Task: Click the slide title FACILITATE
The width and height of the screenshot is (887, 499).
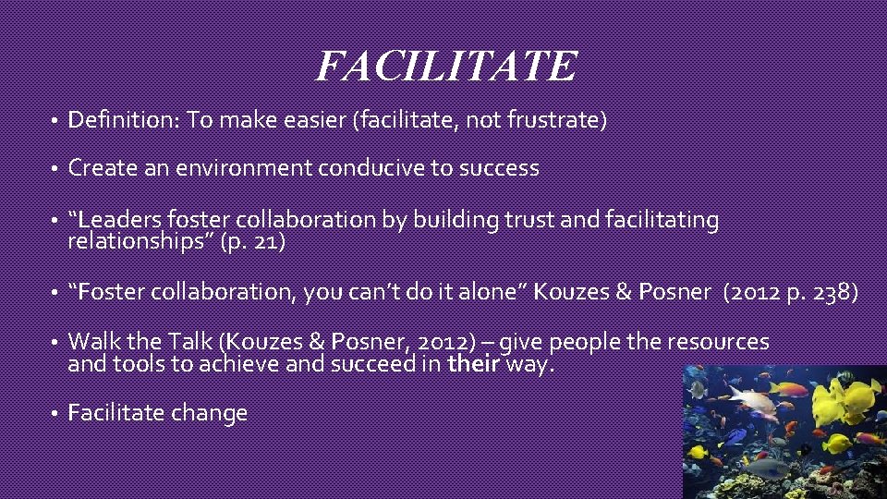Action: pos(446,66)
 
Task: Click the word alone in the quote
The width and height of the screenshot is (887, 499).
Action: pos(494,291)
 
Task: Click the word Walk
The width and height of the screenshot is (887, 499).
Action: pos(91,342)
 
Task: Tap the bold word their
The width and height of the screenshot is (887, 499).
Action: pos(474,363)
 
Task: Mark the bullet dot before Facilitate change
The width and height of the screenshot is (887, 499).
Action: pos(55,413)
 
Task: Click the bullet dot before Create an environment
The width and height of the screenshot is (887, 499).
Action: pos(55,168)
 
